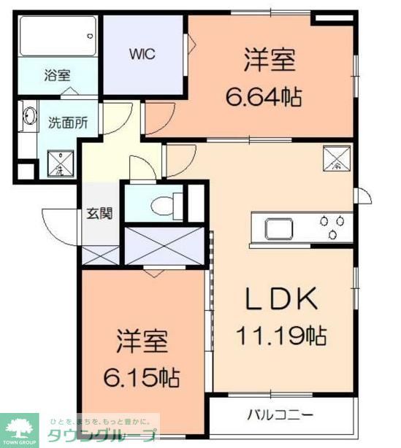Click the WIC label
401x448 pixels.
pos(142,53)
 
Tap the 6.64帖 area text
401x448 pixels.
pos(269,95)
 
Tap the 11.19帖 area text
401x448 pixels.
pos(280,336)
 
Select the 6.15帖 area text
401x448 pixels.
pos(142,378)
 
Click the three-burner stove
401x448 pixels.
pos(332,228)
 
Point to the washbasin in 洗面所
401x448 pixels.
pos(30,119)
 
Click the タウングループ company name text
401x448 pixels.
pos(102,436)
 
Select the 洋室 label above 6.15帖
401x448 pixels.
pos(142,341)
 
